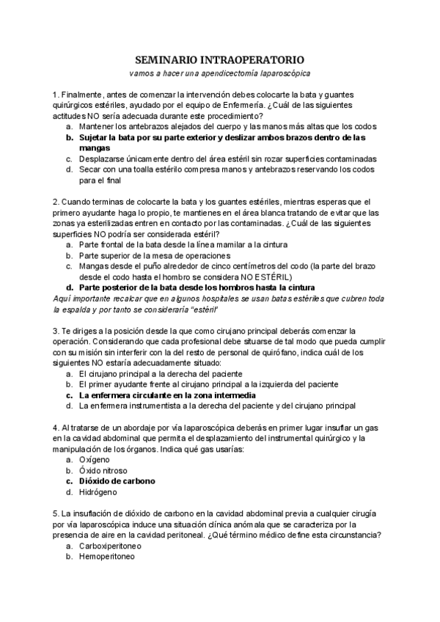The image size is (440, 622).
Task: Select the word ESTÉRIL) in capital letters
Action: coord(273,277)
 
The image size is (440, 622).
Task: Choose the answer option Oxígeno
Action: coord(96,460)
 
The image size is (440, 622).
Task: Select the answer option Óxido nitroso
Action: coord(103,471)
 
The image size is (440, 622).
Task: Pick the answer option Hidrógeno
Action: coord(99,492)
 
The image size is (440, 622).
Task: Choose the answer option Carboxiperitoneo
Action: coord(110,546)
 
